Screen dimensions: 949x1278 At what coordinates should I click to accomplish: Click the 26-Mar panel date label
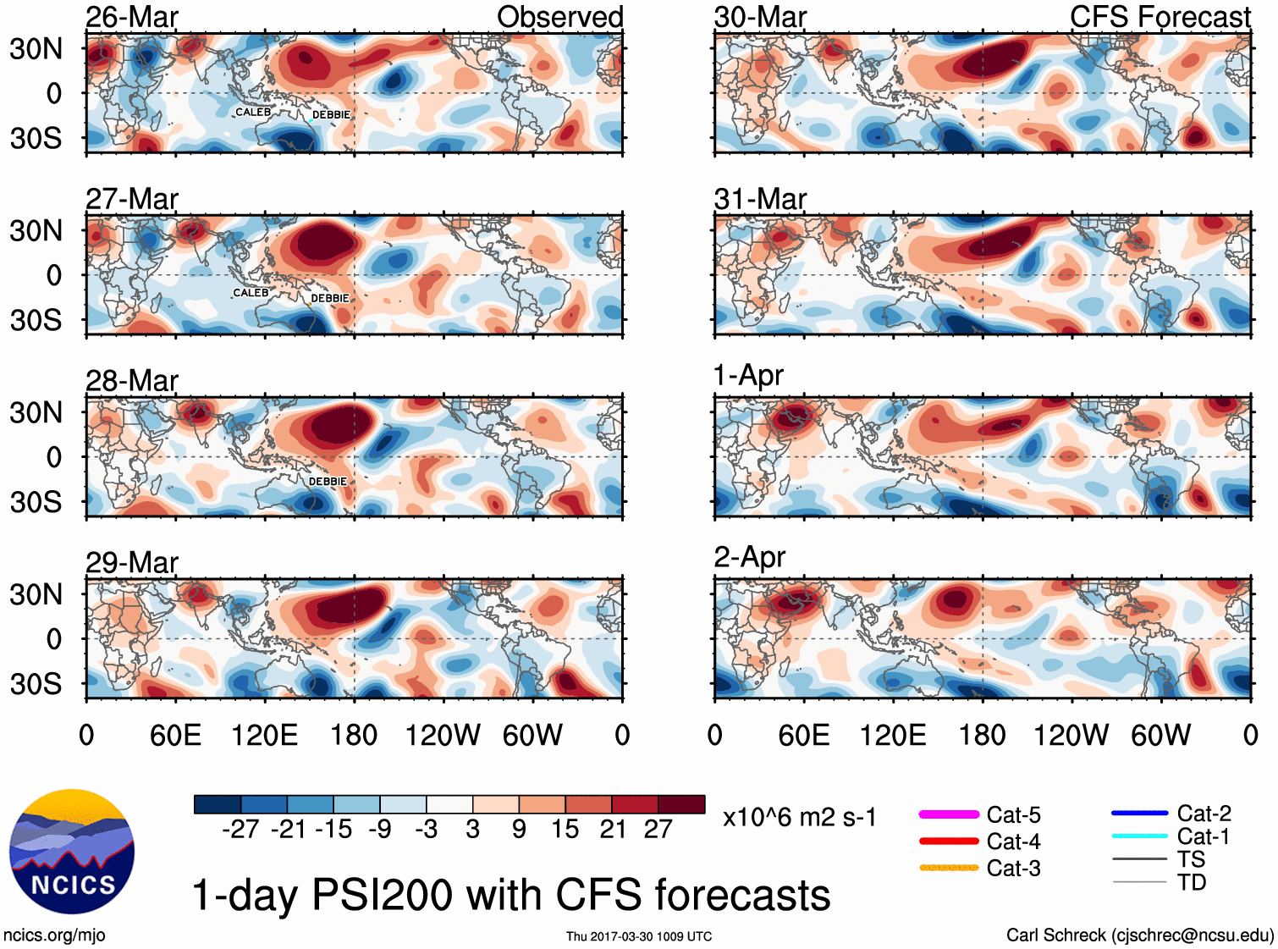click(132, 17)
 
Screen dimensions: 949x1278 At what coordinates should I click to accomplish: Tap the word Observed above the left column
click(559, 17)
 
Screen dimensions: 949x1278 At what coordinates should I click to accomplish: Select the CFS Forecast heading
click(1160, 17)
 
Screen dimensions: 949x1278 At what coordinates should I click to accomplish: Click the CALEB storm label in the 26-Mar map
click(253, 112)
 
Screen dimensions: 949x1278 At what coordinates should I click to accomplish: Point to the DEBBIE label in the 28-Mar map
click(328, 482)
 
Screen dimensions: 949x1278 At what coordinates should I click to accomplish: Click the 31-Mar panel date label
click(760, 199)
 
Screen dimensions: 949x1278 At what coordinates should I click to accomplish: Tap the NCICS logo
click(72, 852)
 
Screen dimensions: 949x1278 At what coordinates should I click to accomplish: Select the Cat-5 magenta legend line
click(949, 814)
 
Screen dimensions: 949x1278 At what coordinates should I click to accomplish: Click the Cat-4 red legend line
click(949, 841)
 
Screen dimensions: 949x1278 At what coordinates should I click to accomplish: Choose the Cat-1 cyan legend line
click(1139, 836)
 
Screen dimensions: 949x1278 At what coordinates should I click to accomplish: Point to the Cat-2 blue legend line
click(1139, 814)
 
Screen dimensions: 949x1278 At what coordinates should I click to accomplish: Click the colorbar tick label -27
click(240, 829)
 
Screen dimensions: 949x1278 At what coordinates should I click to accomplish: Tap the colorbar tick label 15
click(565, 829)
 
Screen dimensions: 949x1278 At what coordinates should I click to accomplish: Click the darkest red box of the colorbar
click(681, 804)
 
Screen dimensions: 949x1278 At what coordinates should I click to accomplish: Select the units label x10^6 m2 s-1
click(799, 818)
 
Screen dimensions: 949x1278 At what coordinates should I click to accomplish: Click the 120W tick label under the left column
click(443, 735)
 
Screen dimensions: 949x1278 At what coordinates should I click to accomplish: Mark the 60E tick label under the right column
click(803, 735)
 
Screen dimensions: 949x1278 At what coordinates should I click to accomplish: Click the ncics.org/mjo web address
click(54, 935)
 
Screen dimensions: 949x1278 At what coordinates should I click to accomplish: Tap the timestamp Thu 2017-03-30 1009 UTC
click(639, 936)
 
